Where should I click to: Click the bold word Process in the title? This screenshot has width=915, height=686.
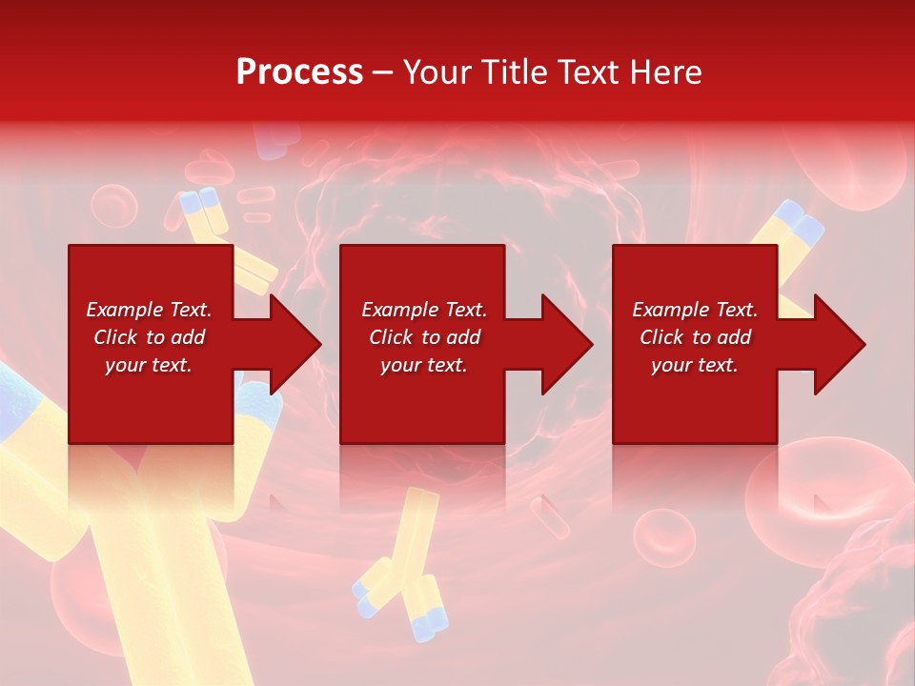(x=299, y=72)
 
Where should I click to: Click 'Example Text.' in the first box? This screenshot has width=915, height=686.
(x=149, y=310)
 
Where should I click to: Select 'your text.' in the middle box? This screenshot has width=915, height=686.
(x=423, y=365)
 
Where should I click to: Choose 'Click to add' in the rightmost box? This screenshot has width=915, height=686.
(x=695, y=337)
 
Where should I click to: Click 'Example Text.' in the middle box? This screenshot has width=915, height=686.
(x=423, y=310)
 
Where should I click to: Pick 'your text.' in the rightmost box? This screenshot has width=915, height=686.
(x=695, y=365)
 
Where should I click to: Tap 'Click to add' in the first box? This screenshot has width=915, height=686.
(x=149, y=337)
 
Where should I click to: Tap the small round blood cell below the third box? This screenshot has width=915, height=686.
(x=663, y=535)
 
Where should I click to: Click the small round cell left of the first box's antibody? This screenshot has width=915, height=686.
(x=114, y=207)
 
